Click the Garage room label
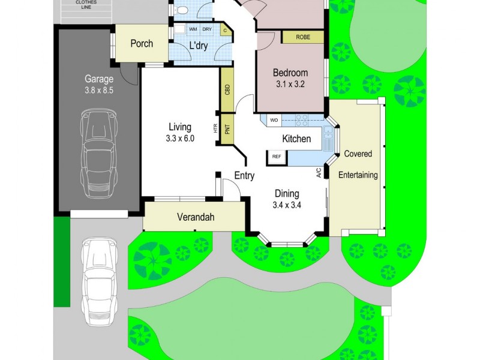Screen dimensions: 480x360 (x=99, y=79)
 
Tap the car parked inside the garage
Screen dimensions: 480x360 (x=99, y=154)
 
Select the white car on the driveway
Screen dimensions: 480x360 (x=100, y=282)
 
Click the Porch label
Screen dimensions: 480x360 (x=142, y=43)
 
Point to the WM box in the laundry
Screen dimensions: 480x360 (x=193, y=29)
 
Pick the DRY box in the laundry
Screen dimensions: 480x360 (x=207, y=29)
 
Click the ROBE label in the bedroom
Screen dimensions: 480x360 (x=303, y=37)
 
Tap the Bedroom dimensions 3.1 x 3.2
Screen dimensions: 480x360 (x=290, y=84)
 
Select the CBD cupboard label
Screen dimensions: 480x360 (x=227, y=89)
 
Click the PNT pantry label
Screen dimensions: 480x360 (x=227, y=129)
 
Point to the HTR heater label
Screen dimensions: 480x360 (x=215, y=128)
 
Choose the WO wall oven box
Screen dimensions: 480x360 (x=274, y=120)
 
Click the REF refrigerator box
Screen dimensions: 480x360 (x=277, y=157)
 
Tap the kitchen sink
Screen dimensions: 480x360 (x=328, y=139)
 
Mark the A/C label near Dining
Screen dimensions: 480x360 (x=319, y=173)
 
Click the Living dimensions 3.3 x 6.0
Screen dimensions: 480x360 (x=180, y=139)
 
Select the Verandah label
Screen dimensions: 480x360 (x=196, y=217)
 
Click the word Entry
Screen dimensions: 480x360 (x=244, y=176)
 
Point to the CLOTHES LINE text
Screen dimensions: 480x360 (x=86, y=5)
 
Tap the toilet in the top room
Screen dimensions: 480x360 (x=182, y=10)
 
